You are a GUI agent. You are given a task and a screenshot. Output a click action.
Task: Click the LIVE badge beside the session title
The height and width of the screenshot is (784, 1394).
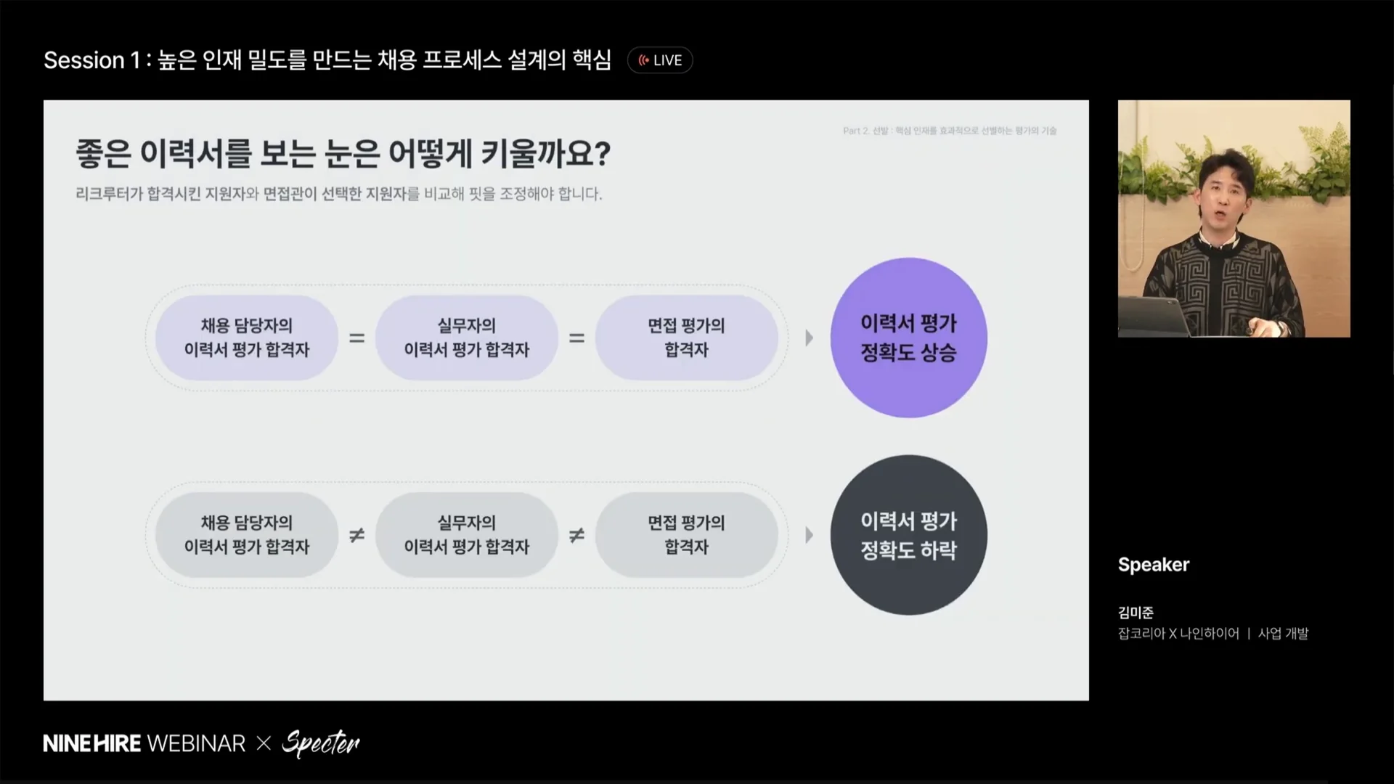(660, 60)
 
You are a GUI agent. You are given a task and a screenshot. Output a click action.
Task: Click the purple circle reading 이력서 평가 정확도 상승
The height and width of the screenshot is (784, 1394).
(908, 338)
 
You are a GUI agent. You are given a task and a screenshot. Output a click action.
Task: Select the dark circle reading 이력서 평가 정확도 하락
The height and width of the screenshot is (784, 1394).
(908, 535)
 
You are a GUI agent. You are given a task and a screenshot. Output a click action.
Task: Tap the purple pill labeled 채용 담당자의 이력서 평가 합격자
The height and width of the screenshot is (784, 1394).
(247, 338)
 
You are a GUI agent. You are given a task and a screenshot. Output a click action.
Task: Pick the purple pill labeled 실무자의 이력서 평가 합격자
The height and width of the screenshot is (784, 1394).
(467, 338)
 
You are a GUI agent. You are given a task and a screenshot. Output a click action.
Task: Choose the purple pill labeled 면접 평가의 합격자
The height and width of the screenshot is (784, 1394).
(687, 338)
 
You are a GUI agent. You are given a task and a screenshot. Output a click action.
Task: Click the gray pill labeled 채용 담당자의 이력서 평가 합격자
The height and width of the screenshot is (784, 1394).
(247, 535)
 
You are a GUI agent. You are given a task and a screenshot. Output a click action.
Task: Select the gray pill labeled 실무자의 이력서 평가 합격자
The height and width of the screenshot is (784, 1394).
(467, 535)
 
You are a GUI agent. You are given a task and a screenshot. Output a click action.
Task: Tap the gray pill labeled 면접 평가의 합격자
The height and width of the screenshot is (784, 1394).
(687, 535)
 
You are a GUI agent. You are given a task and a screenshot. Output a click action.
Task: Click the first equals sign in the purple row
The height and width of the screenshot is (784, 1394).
(356, 338)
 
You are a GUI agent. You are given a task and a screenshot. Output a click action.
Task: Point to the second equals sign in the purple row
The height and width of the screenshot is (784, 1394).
(576, 338)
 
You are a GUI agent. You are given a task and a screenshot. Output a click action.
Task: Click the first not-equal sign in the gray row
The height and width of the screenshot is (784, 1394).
(356, 535)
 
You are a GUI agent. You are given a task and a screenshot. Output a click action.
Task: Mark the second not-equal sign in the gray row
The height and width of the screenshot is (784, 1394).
(576, 535)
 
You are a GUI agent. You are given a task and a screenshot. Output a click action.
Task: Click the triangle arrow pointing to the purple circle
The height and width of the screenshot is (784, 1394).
(809, 338)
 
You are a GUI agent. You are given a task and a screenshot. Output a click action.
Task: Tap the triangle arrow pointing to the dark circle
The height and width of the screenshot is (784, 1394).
(809, 535)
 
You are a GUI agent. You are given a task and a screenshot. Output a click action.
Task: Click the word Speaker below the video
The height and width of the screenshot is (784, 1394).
(1154, 565)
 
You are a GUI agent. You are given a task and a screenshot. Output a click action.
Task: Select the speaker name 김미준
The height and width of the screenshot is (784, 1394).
(1136, 613)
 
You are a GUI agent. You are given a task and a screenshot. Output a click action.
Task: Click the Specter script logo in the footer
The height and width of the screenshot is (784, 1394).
(321, 743)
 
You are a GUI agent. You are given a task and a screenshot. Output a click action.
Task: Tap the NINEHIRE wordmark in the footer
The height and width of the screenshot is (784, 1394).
(93, 743)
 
